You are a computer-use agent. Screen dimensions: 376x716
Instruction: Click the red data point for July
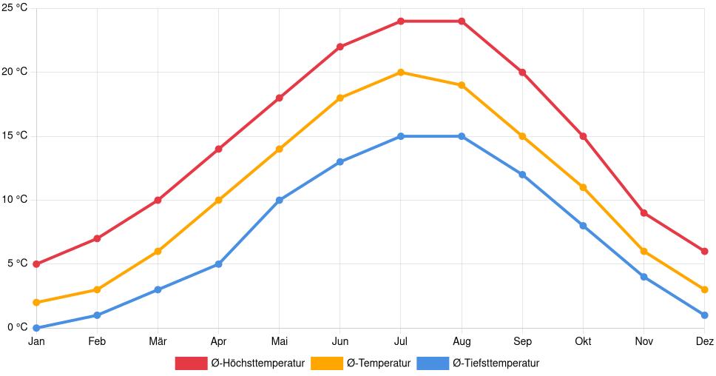[x=401, y=21]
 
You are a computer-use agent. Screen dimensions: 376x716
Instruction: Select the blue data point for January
[x=36, y=328]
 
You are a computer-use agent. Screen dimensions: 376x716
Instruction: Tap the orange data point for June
[x=340, y=98]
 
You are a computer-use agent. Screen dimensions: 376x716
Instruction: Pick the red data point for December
[x=704, y=252]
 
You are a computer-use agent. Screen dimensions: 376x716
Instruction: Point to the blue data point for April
[x=218, y=264]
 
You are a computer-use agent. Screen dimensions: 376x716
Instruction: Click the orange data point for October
[x=583, y=187]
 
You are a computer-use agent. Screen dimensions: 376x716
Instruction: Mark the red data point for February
[x=97, y=238]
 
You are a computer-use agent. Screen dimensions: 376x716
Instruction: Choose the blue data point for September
[x=522, y=175]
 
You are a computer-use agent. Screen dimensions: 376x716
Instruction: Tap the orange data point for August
[x=462, y=85]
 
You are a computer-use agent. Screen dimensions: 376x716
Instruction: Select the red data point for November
[x=644, y=213]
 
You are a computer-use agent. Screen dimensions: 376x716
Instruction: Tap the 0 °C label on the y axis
[x=17, y=327]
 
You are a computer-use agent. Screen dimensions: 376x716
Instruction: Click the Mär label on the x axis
[x=158, y=342]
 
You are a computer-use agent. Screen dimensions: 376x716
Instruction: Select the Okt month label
[x=583, y=342]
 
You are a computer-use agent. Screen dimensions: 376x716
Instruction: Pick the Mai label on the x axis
[x=279, y=342]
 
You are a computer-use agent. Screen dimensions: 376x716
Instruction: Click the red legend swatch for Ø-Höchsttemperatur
[x=191, y=363]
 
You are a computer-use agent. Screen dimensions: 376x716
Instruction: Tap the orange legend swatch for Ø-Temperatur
[x=326, y=363]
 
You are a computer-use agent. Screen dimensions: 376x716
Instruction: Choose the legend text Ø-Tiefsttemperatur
[x=496, y=363]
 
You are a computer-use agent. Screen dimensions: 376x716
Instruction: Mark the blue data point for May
[x=279, y=200]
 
